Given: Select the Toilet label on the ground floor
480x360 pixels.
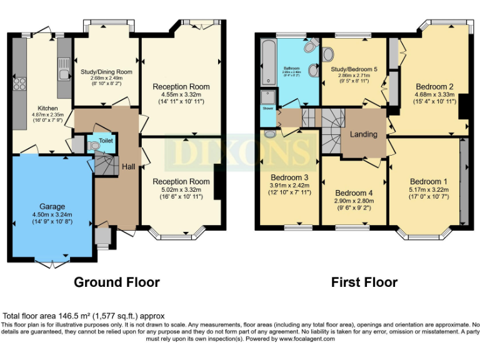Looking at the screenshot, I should click(105, 142).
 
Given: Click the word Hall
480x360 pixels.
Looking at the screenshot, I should click(128, 167).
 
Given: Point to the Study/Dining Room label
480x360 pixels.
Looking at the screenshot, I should click(106, 72).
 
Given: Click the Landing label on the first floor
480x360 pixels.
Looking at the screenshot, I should click(363, 134).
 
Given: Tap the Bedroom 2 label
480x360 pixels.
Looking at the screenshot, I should click(434, 86).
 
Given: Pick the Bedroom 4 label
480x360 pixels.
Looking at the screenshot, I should click(354, 192).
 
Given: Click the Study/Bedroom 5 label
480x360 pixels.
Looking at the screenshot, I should click(354, 69).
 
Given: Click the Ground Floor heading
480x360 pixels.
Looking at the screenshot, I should click(117, 282).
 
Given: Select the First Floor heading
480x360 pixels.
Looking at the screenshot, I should click(364, 282).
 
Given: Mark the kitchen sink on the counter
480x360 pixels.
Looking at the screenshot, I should click(64, 74).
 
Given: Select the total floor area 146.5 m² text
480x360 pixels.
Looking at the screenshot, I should click(84, 316).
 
